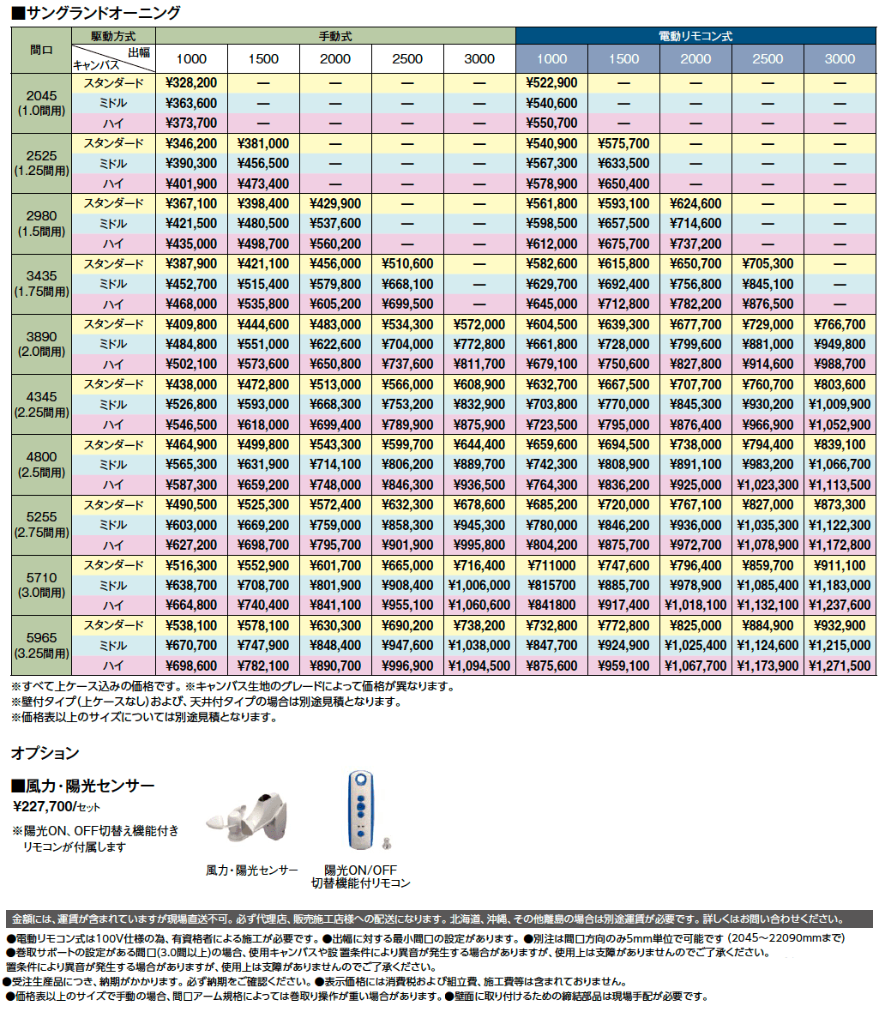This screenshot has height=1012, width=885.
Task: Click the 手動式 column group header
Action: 335,37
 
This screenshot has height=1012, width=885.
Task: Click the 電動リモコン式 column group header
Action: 695,37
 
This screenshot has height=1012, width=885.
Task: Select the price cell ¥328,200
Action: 191,83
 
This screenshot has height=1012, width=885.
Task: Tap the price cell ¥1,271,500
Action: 840,666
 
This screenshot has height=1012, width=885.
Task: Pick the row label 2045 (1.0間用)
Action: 41,103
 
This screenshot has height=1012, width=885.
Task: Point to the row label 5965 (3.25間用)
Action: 41,645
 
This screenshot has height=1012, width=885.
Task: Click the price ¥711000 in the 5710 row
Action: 551,565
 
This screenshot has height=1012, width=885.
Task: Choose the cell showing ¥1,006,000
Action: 479,585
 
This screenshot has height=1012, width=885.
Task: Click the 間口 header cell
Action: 41,50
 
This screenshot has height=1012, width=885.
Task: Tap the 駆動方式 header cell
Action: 113,37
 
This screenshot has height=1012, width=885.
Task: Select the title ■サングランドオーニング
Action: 95,12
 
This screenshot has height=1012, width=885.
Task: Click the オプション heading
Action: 45,753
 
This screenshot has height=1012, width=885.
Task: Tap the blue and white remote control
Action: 360,809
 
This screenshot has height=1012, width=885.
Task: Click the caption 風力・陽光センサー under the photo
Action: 252,870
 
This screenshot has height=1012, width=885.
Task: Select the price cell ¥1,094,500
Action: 479,666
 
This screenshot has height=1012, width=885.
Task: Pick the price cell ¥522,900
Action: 551,83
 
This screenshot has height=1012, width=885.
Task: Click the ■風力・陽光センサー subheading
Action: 82,785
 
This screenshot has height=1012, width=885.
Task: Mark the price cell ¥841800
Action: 551,605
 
